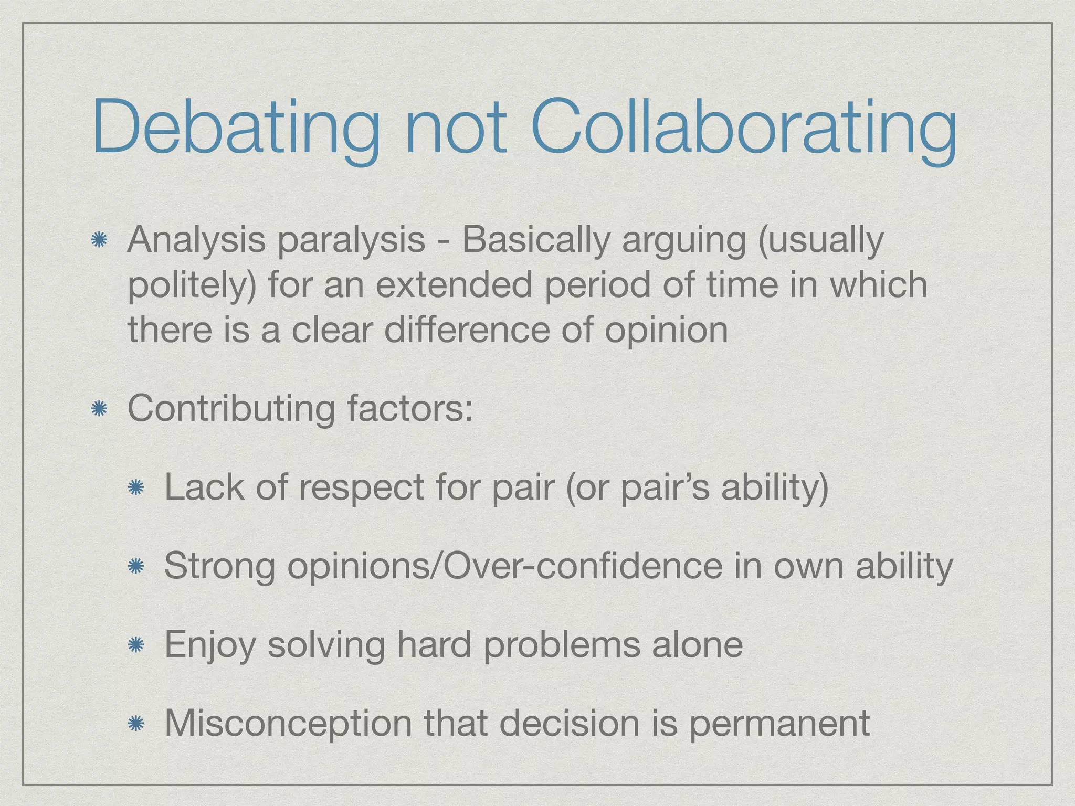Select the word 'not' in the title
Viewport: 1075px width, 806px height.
click(x=455, y=128)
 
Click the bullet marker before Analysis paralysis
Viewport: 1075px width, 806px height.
click(x=99, y=241)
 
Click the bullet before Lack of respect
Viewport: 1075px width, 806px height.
click(x=136, y=488)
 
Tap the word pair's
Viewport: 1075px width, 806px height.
click(x=665, y=488)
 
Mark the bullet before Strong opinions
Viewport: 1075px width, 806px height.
click(x=136, y=566)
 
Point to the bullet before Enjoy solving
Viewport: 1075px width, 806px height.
click(x=136, y=645)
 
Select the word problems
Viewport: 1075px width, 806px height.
click(x=562, y=645)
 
